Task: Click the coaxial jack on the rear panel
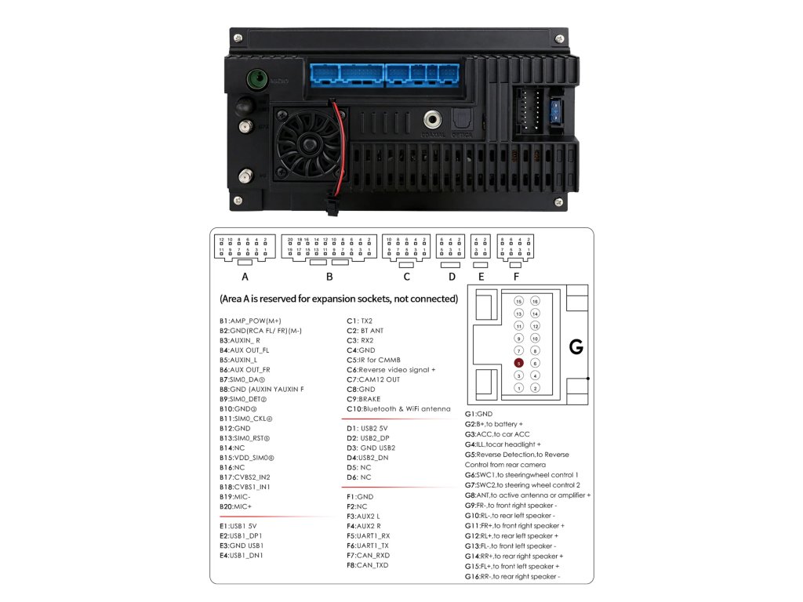[x=432, y=121]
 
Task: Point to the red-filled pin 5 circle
[x=518, y=363]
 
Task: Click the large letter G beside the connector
[x=576, y=346]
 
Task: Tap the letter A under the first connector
[x=245, y=277]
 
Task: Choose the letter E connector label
[x=481, y=277]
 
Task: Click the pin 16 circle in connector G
[x=535, y=301]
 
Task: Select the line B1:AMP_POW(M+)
[x=250, y=321]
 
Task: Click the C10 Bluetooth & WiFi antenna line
[x=399, y=408]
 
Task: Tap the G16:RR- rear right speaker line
[x=512, y=576]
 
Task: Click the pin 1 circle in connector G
[x=518, y=388]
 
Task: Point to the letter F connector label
[x=515, y=277]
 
